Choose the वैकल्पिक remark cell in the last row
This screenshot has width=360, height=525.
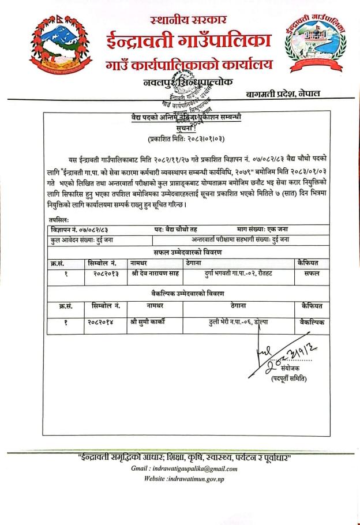click(308, 323)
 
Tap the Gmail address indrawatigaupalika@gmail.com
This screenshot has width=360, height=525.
click(184, 468)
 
